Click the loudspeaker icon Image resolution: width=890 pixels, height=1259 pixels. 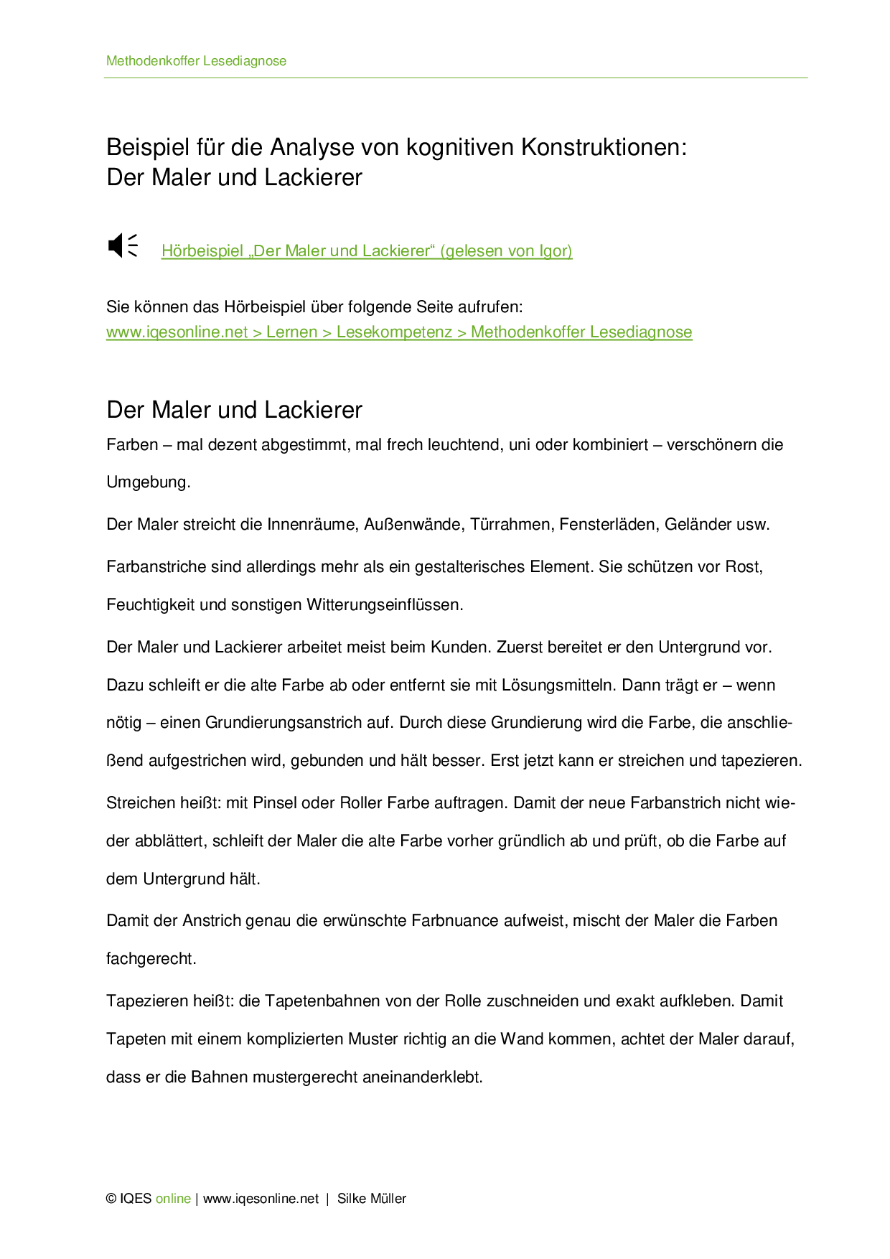[x=122, y=245]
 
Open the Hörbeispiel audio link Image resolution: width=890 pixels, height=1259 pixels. [x=366, y=251]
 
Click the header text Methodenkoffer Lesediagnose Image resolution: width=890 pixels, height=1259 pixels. [x=196, y=61]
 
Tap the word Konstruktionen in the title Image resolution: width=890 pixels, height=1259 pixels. [x=603, y=147]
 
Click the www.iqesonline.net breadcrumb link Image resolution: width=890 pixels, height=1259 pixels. [x=177, y=332]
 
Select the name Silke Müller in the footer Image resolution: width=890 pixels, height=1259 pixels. [x=372, y=1199]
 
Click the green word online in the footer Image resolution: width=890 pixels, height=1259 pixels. [x=173, y=1199]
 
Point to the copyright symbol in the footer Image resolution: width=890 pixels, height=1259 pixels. [x=111, y=1199]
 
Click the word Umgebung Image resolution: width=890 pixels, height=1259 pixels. [x=148, y=482]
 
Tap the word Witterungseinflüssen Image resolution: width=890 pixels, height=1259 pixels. [x=385, y=605]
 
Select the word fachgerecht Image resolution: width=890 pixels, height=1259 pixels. [x=151, y=959]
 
